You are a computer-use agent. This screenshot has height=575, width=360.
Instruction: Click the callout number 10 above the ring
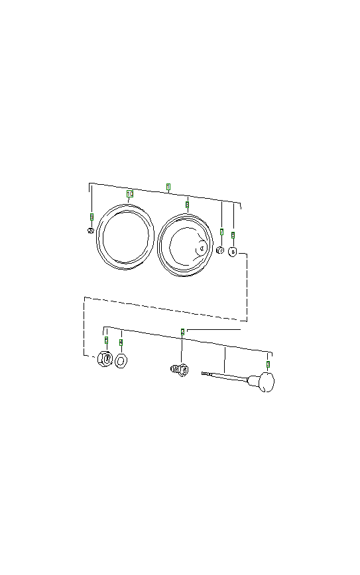pos(130,193)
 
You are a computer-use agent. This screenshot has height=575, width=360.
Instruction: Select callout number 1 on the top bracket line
pos(168,187)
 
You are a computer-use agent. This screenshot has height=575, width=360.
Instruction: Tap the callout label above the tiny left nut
pos(91,217)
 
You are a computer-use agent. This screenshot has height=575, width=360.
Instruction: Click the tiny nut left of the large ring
pos(90,231)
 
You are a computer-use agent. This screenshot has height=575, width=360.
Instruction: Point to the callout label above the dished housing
pos(188,205)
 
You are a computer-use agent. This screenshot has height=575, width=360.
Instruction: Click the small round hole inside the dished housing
pos(202,249)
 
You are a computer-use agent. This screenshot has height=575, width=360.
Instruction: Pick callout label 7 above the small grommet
pos(221,232)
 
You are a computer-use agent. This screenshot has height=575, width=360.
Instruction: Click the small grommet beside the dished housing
pos(221,250)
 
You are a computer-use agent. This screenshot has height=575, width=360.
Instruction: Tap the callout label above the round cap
pos(233,235)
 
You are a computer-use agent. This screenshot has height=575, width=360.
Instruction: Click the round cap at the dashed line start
pos(233,252)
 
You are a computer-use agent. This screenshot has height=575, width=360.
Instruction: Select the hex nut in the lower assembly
pos(104,360)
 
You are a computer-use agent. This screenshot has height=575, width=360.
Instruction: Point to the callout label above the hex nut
pos(106,340)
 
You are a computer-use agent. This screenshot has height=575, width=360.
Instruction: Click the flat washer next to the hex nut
pos(121,361)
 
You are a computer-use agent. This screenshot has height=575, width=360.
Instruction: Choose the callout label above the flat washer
pos(121,342)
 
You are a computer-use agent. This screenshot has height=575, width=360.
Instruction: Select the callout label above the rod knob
pos(268,364)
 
